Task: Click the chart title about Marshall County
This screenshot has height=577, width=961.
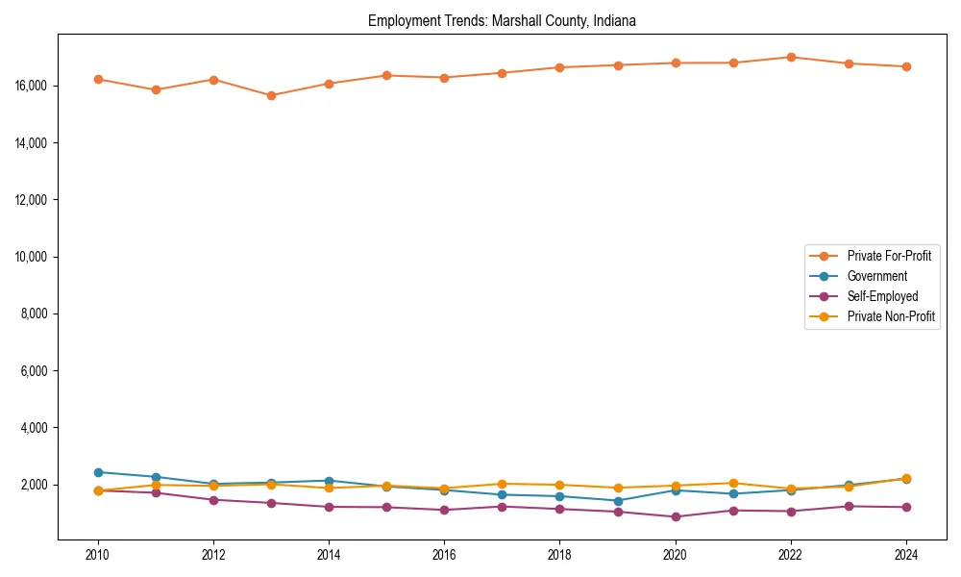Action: click(x=502, y=20)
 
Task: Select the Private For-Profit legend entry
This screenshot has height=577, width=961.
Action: click(x=883, y=256)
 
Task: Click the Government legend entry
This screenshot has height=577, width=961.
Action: click(x=876, y=276)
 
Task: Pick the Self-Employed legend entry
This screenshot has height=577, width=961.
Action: click(x=882, y=296)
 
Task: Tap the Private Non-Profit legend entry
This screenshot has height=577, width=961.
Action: click(x=891, y=316)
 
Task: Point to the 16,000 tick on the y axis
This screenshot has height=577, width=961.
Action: click(x=33, y=87)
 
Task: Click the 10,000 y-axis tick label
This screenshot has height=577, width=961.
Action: click(x=33, y=257)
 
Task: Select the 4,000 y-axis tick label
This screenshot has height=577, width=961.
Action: click(x=36, y=428)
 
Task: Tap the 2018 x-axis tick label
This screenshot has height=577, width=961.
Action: click(x=559, y=555)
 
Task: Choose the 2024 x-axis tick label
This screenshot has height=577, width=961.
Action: click(x=906, y=555)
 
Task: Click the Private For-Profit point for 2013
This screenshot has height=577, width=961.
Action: click(x=271, y=95)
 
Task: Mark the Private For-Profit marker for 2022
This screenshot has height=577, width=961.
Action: click(x=791, y=57)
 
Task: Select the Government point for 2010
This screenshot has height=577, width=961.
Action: click(x=98, y=472)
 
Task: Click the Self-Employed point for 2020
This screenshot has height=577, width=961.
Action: click(x=676, y=516)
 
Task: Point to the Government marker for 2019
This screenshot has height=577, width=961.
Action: click(x=618, y=501)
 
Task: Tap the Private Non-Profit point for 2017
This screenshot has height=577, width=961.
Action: click(x=503, y=484)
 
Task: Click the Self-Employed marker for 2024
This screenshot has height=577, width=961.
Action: click(x=906, y=507)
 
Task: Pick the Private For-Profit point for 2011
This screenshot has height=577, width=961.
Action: click(x=156, y=89)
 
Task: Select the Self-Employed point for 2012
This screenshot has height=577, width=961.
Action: click(x=213, y=499)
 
